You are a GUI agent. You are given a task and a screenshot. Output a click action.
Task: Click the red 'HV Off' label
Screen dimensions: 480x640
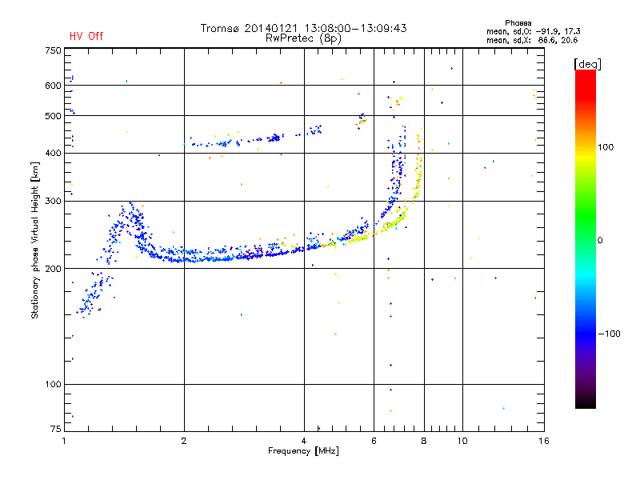click(x=86, y=36)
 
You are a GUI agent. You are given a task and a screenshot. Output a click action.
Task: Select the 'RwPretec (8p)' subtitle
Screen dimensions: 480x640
click(x=303, y=38)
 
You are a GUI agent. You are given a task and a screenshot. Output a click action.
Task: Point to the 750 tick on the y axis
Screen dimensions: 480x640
click(x=52, y=50)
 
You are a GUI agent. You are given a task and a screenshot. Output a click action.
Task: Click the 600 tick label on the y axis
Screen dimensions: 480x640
click(x=52, y=86)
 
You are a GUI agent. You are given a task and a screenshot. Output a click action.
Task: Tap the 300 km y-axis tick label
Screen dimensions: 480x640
click(x=52, y=201)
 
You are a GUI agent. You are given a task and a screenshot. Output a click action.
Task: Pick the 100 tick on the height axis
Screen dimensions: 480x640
click(x=52, y=385)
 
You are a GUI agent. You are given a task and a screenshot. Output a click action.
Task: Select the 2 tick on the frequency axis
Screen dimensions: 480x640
click(x=184, y=441)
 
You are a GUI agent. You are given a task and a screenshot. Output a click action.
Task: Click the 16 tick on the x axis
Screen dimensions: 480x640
click(x=543, y=441)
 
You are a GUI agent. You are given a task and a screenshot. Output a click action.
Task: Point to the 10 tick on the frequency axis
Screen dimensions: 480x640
click(x=462, y=441)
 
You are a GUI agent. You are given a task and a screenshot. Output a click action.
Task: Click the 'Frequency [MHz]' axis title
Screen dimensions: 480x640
click(x=303, y=452)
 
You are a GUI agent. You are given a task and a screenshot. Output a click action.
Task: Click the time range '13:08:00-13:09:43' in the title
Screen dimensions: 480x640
click(x=350, y=28)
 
